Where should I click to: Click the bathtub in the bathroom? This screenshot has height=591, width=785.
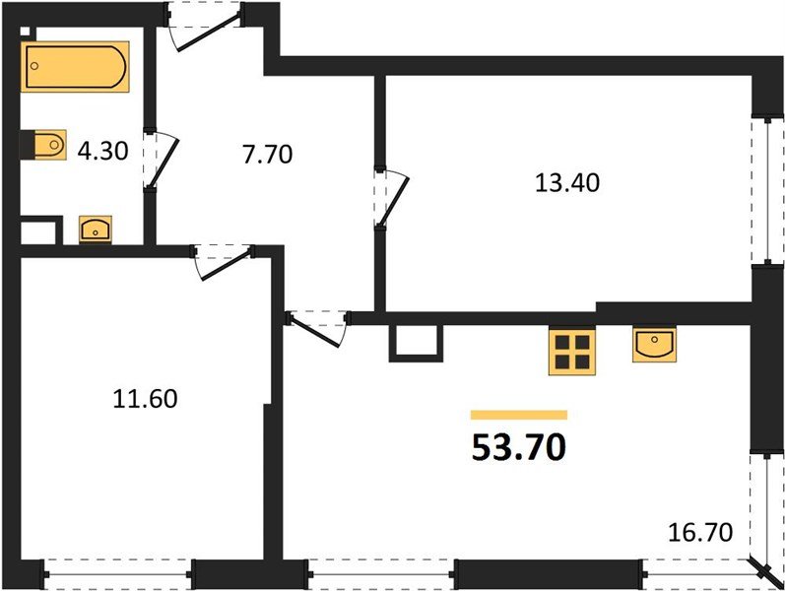[76, 67]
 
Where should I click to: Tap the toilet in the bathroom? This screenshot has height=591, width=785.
[43, 145]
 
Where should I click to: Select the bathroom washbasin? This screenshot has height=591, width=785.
[96, 230]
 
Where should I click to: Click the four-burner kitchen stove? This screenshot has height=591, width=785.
[572, 352]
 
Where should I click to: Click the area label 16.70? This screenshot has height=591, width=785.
[701, 534]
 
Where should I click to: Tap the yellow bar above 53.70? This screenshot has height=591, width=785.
[518, 415]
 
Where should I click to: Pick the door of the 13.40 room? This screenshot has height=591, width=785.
[392, 197]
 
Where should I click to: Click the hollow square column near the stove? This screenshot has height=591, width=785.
[413, 340]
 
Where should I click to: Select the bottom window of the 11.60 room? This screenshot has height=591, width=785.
[118, 568]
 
